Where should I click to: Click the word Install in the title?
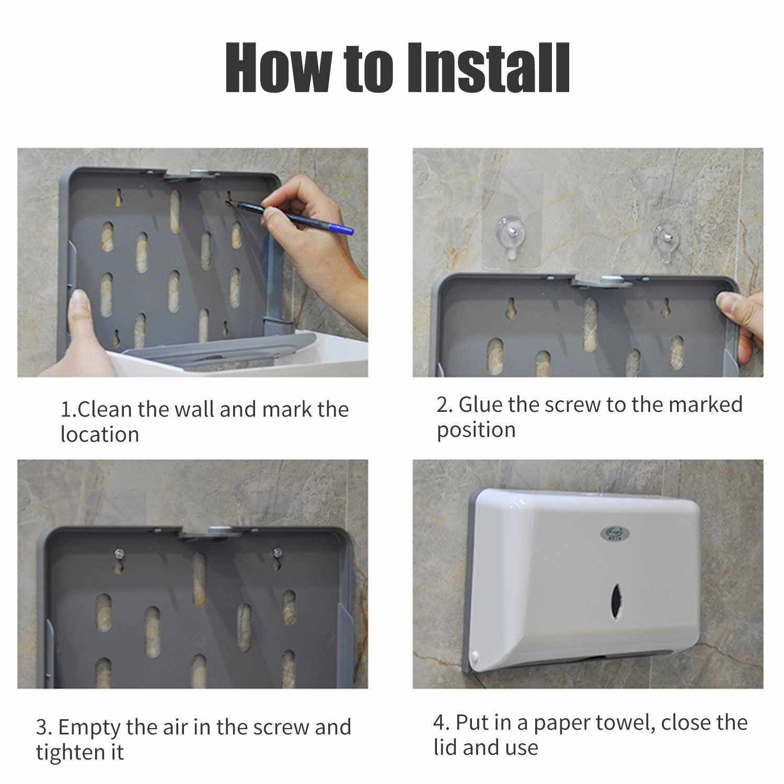(x=490, y=68)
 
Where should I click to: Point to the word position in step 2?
(x=476, y=430)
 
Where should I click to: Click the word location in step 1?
(x=100, y=435)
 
